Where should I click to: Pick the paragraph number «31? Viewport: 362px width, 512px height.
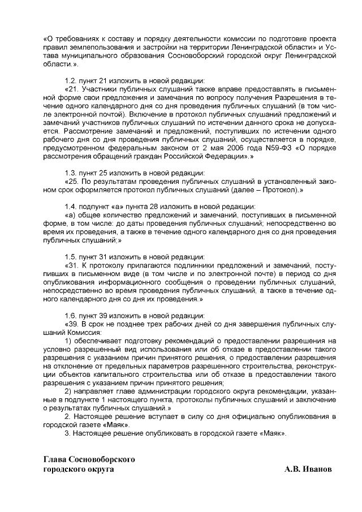[73, 265]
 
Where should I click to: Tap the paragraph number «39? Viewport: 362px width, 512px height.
[73, 324]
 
